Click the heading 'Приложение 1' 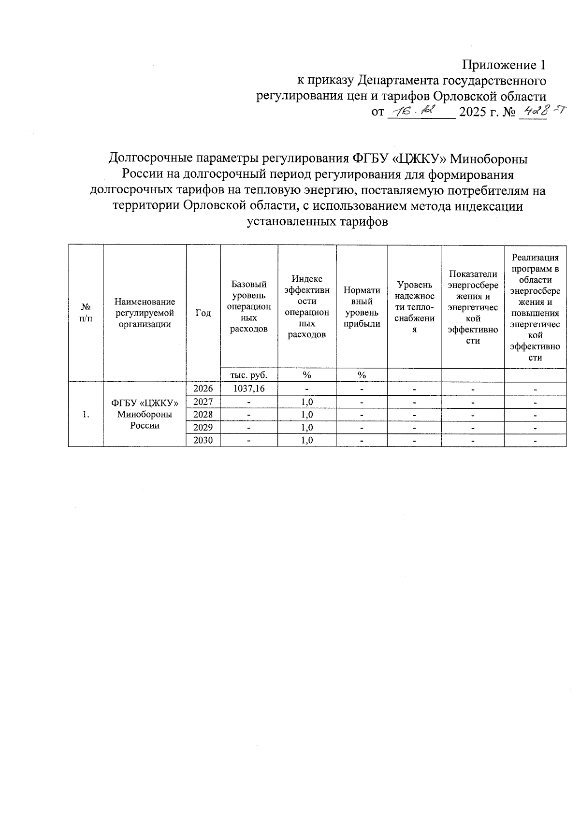point(504,65)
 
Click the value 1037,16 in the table point(249,388)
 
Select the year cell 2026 point(203,388)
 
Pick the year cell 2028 point(203,415)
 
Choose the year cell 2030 point(203,440)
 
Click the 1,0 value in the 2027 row point(307,402)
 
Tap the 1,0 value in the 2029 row point(307,428)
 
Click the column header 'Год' point(203,313)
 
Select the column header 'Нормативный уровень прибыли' point(362,307)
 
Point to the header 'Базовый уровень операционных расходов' point(249,307)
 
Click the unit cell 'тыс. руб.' point(249,375)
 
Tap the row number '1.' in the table point(86,415)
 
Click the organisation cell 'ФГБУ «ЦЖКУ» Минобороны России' point(145,414)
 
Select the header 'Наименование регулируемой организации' point(145,313)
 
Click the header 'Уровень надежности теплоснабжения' point(415,307)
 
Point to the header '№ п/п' point(86,313)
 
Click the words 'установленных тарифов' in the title point(318,222)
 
